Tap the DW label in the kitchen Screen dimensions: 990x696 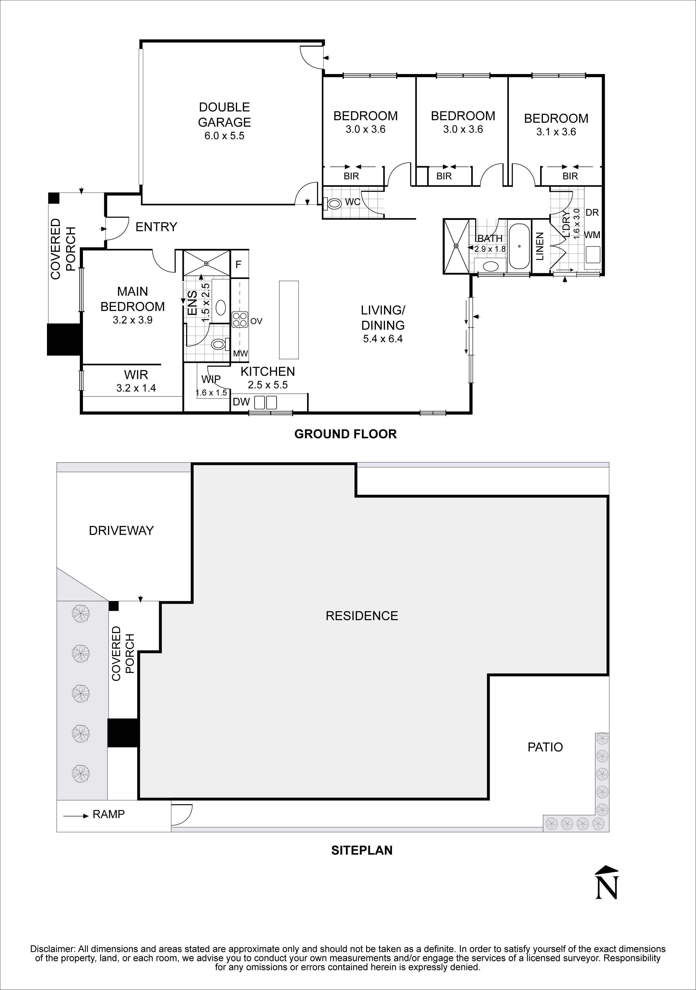click(x=241, y=402)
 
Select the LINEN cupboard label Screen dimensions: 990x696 click(x=540, y=246)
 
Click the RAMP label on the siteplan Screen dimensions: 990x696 click(x=108, y=814)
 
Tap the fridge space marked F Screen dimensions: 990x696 click(x=238, y=264)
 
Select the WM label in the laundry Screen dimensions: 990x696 click(x=592, y=235)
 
